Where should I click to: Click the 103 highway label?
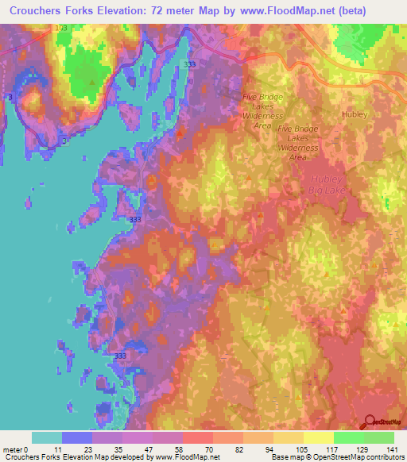pyautogui.click(x=62, y=29)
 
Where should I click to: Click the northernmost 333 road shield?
pyautogui.click(x=188, y=64)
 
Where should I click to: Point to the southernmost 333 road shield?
pyautogui.click(x=120, y=356)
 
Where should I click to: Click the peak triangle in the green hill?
pyautogui.click(x=94, y=82)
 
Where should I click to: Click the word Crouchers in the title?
pyautogui.click(x=37, y=10)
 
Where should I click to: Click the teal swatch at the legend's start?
pyautogui.click(x=46, y=437)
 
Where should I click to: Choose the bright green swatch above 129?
pyautogui.click(x=348, y=437)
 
